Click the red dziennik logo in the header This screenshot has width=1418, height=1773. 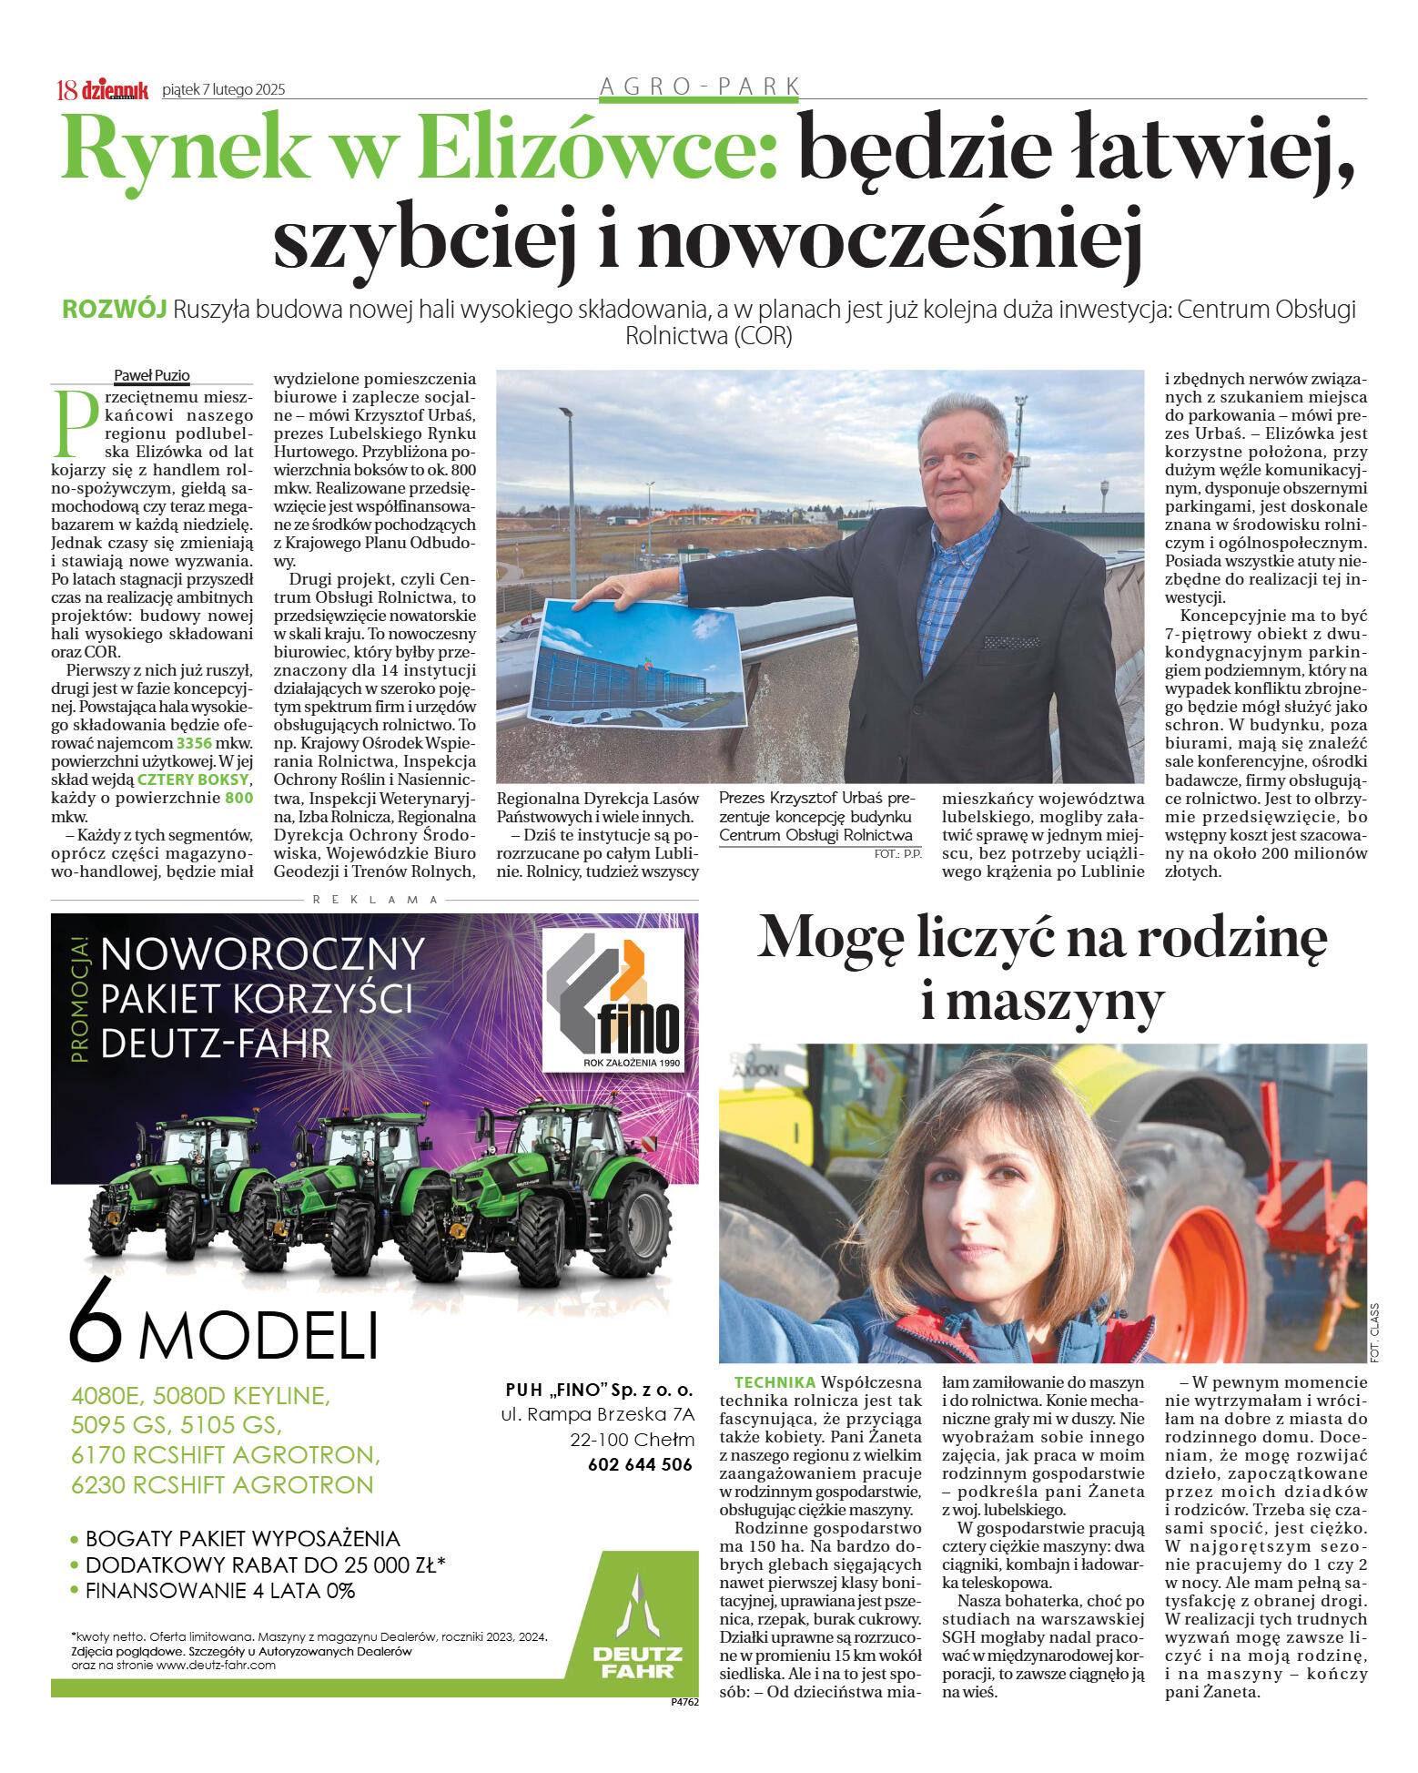coord(115,89)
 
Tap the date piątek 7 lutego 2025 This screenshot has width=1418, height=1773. coord(223,89)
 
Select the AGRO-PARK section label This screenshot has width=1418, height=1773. coord(699,87)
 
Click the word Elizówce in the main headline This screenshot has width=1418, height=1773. coord(597,149)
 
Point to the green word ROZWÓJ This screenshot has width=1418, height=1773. coord(114,310)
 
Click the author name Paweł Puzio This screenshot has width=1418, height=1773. coord(151,375)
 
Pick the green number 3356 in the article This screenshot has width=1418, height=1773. coord(194,743)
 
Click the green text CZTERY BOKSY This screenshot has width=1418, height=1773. coord(192,780)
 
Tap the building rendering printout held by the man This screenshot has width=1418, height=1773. coord(638,662)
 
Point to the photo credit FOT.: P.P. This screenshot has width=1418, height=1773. coord(897,854)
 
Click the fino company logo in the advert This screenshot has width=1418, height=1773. coord(613,999)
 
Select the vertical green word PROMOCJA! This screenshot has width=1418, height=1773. coord(80,1002)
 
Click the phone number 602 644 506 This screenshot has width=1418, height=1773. coord(640,1464)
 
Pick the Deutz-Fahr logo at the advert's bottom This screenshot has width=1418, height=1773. coord(638,1634)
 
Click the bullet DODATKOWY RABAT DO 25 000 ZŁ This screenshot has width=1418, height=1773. coord(264,1564)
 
